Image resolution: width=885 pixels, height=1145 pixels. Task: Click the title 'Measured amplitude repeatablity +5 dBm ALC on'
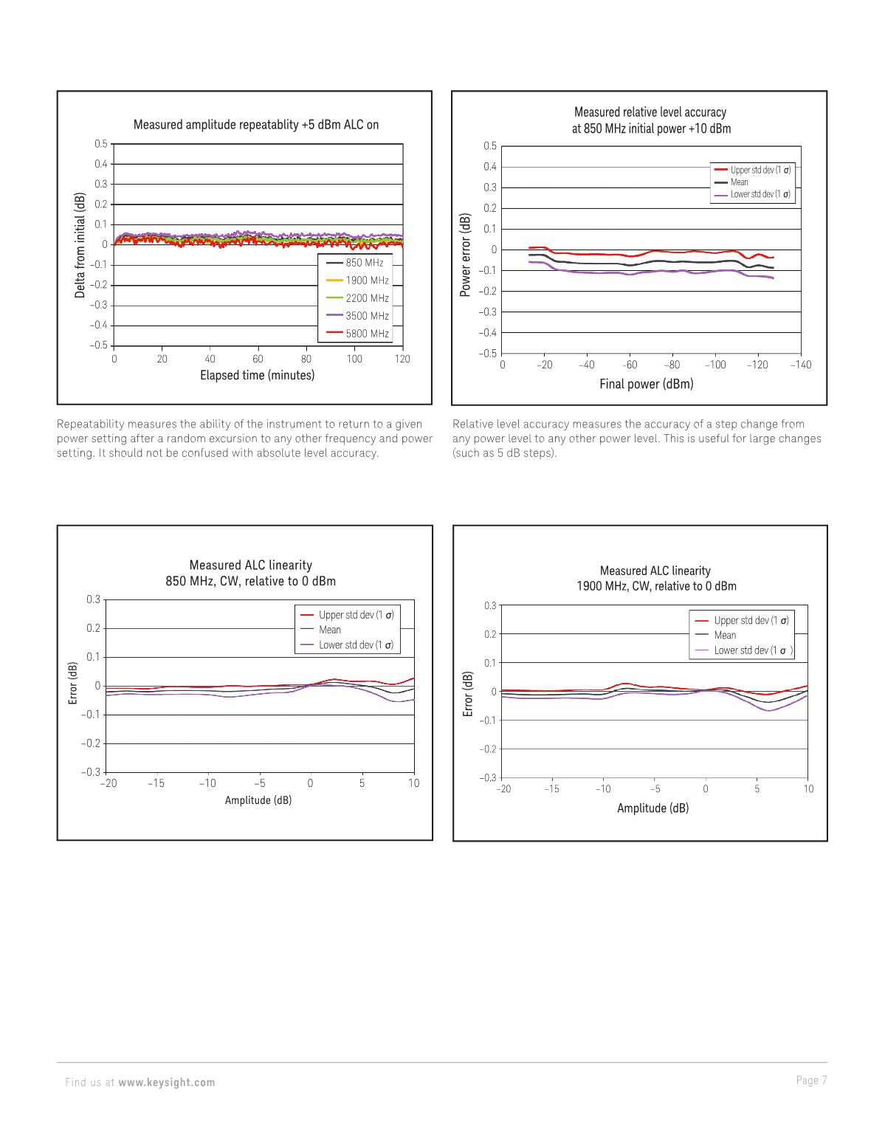pyautogui.click(x=255, y=125)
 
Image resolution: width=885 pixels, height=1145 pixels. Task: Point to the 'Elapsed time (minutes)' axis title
pyautogui.click(x=257, y=375)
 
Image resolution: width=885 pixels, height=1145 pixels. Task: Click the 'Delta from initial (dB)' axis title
pyautogui.click(x=80, y=245)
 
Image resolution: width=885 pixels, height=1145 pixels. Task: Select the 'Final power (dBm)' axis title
pyautogui.click(x=646, y=384)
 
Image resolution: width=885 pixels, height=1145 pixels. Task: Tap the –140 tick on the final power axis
pyautogui.click(x=800, y=365)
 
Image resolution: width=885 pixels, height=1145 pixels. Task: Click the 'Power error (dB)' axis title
pyautogui.click(x=465, y=255)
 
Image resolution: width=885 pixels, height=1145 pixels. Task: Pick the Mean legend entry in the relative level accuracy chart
pyautogui.click(x=739, y=182)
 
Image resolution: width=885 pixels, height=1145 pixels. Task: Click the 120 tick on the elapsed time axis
pyautogui.click(x=402, y=359)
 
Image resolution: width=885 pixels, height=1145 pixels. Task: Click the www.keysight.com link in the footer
pyautogui.click(x=167, y=1082)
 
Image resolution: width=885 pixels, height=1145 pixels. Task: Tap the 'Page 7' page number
pyautogui.click(x=811, y=1081)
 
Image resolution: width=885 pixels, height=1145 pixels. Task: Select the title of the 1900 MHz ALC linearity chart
pyautogui.click(x=655, y=578)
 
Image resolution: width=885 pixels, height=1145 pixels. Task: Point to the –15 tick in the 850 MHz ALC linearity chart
pyautogui.click(x=155, y=783)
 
